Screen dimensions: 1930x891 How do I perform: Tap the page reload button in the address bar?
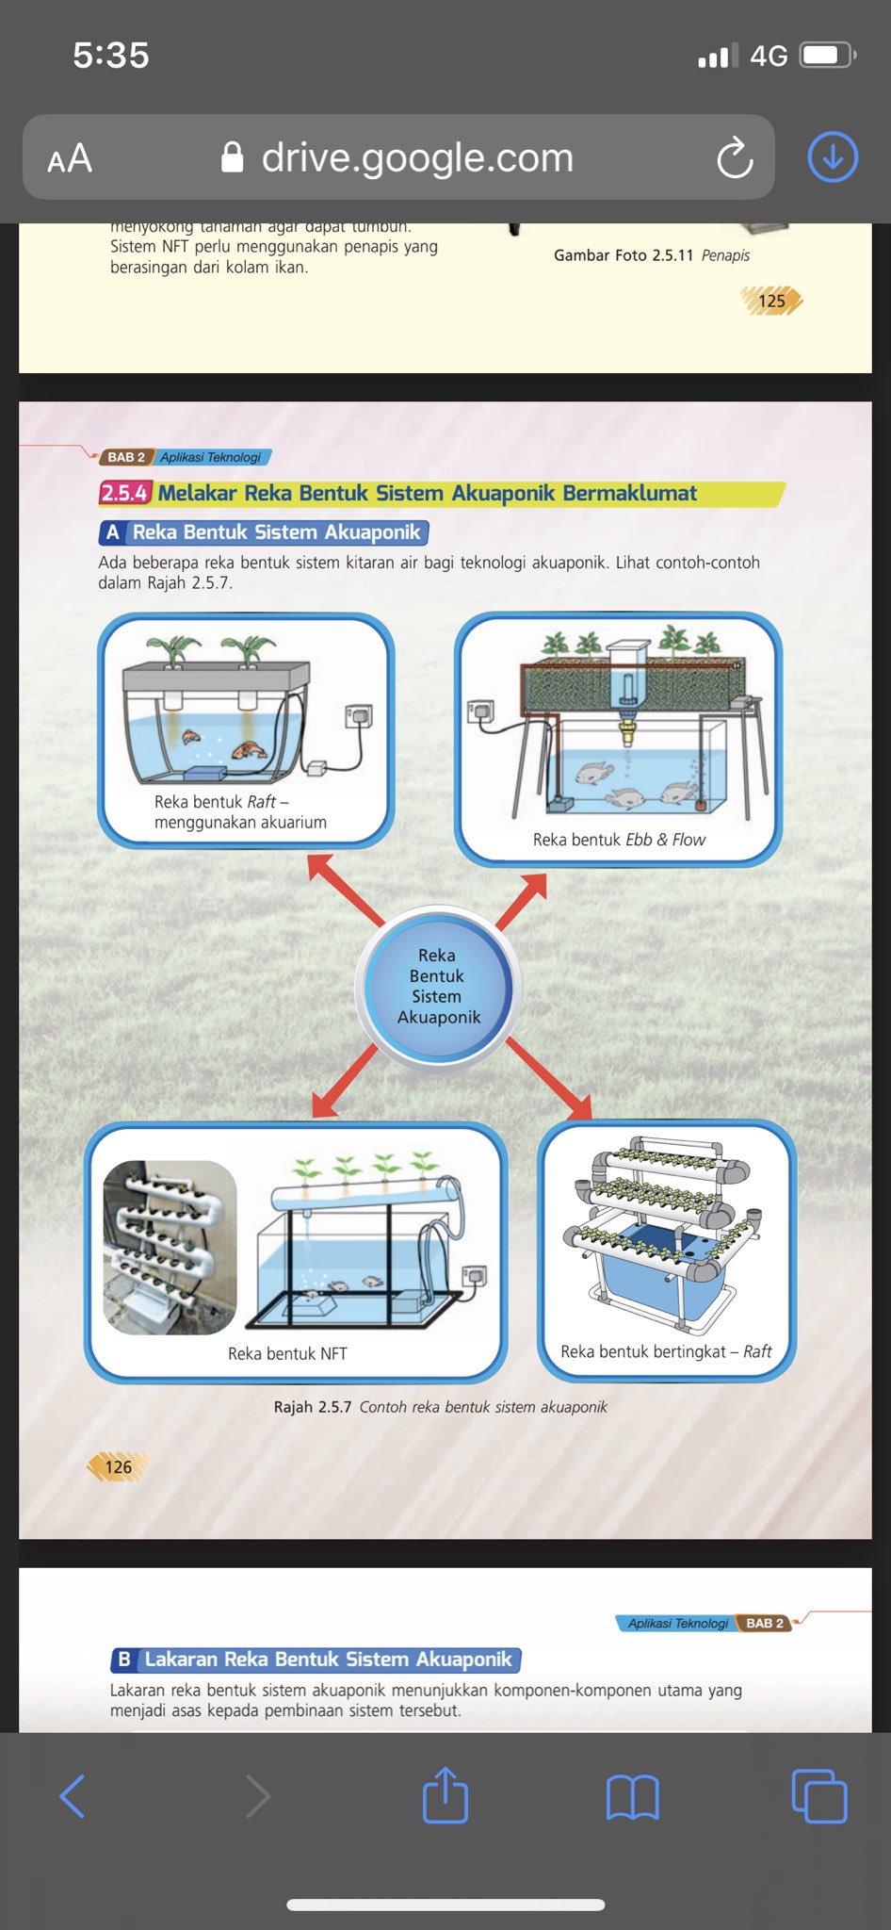735,157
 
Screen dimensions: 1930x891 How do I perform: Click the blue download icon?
833,156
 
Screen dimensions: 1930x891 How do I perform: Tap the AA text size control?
70,158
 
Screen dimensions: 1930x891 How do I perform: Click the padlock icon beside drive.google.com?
232,157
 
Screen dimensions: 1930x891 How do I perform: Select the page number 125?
771,302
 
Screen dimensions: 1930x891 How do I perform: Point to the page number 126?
118,1466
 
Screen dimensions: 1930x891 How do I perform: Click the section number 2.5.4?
124,493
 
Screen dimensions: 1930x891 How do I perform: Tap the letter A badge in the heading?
113,532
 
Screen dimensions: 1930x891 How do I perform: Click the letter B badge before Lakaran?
124,1660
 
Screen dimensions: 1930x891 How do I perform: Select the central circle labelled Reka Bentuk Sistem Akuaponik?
437,987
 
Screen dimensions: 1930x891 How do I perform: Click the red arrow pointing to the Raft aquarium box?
344,889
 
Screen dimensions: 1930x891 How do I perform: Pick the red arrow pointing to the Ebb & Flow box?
522,901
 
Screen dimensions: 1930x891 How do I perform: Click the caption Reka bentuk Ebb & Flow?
619,840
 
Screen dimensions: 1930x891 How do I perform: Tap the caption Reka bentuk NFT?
287,1353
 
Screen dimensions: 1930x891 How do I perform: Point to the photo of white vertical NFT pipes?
170,1247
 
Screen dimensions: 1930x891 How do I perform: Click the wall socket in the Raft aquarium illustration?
359,716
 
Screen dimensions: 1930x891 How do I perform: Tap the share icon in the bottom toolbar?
445,1795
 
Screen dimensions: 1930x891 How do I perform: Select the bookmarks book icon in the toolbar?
632,1797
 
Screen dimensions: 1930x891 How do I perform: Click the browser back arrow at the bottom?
73,1796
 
